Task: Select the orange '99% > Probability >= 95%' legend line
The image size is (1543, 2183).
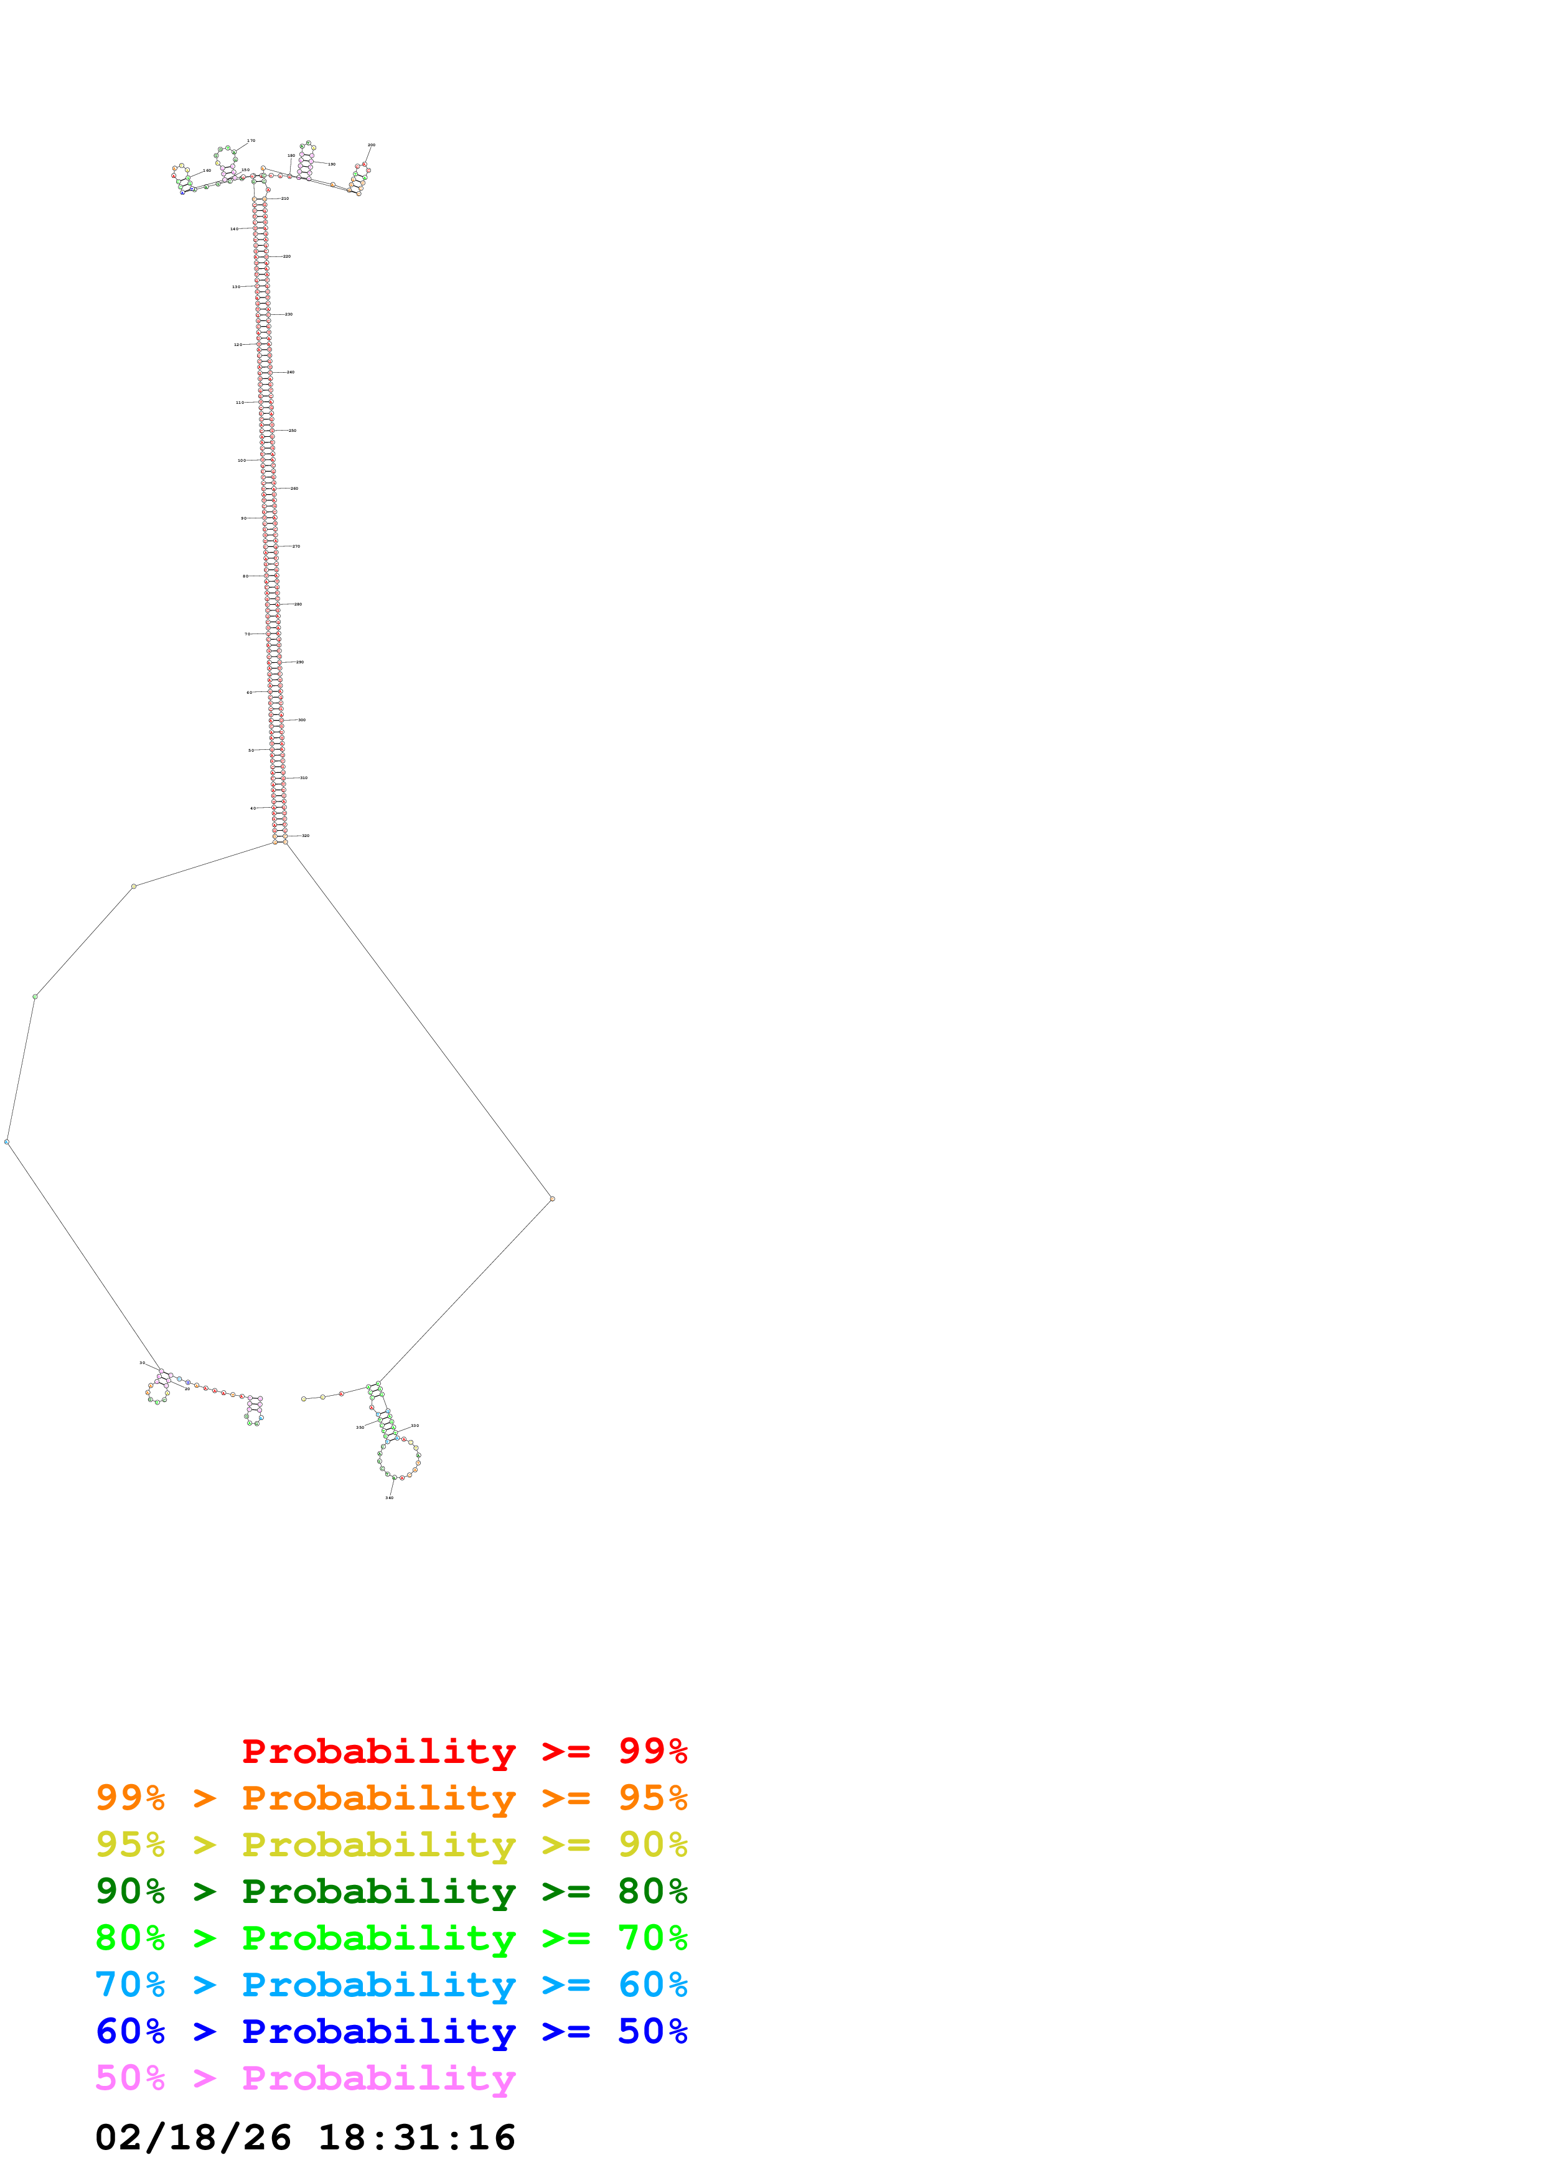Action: tap(391, 1798)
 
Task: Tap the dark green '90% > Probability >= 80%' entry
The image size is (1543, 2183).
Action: tap(391, 1891)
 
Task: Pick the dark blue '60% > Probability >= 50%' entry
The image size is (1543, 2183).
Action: tap(391, 2031)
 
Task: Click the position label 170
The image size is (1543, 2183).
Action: tap(251, 141)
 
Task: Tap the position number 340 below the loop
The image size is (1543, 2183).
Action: tap(389, 1497)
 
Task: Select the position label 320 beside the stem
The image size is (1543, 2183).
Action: tap(305, 836)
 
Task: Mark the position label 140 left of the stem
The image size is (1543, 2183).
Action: tap(234, 229)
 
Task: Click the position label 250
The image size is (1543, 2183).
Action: tap(293, 431)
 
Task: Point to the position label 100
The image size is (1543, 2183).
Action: tap(242, 460)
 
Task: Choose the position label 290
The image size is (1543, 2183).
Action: tap(299, 661)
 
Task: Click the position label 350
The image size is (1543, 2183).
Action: tap(359, 1427)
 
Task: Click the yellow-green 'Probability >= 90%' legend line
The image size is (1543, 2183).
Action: tap(391, 1844)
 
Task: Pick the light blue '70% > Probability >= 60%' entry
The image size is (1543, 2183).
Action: tap(391, 1984)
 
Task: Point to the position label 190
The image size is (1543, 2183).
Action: tap(331, 164)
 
